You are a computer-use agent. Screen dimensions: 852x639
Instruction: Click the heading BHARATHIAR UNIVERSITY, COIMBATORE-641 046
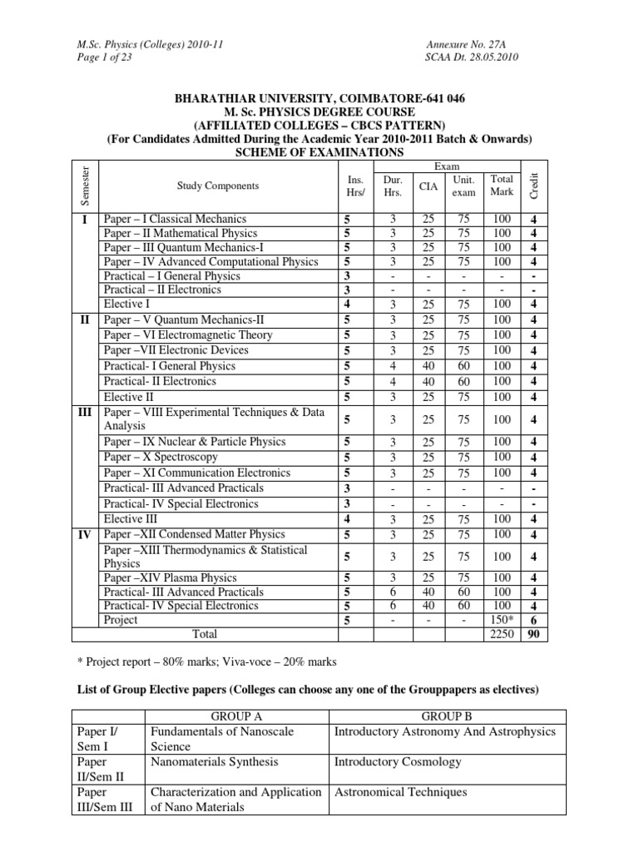tap(319, 97)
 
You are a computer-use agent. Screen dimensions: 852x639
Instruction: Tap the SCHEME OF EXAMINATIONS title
tap(319, 152)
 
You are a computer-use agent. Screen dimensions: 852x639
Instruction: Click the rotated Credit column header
tap(534, 185)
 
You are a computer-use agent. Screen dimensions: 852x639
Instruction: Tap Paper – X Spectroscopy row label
tap(161, 457)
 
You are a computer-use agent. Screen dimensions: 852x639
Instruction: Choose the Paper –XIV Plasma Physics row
tap(170, 577)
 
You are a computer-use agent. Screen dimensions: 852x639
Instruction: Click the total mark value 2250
tap(502, 635)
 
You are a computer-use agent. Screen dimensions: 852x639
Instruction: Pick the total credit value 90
tap(533, 635)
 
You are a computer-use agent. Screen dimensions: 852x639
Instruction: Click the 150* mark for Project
tap(502, 620)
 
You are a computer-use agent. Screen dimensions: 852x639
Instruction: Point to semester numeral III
tap(86, 413)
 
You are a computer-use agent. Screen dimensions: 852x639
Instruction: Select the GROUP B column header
tap(447, 716)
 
